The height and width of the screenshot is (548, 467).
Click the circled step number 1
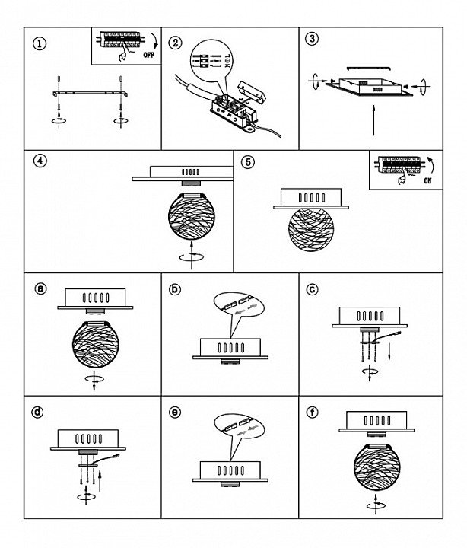coord(40,43)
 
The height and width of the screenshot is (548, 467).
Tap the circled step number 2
coord(176,43)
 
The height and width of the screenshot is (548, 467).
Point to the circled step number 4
coord(40,161)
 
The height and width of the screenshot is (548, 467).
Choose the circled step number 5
coord(247,162)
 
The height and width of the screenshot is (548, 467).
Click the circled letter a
coord(41,288)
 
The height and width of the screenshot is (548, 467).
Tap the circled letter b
coord(175,288)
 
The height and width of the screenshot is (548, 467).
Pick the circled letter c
coord(312,288)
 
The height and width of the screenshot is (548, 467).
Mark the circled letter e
coord(175,413)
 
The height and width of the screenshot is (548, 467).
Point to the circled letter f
coord(312,413)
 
